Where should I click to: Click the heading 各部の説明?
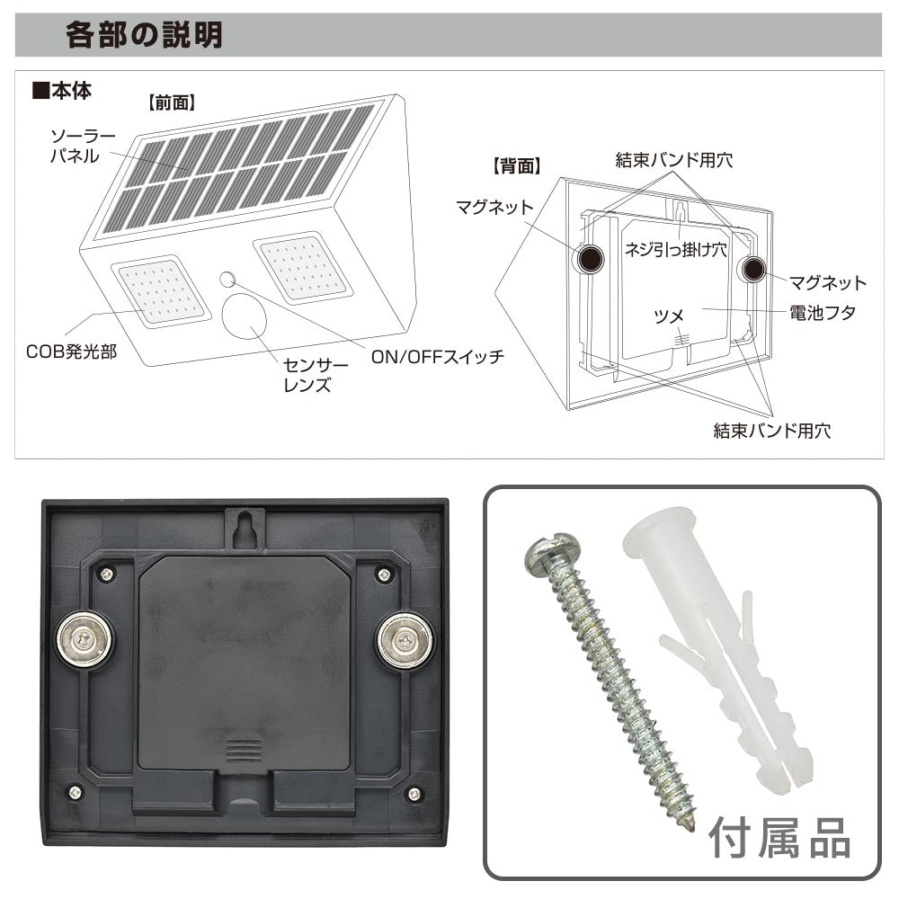pos(144,35)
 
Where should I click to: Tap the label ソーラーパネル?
pos(83,146)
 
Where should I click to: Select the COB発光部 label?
pos(71,352)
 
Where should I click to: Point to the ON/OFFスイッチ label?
pos(438,357)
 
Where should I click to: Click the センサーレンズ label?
pos(316,375)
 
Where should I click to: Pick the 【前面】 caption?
pos(172,103)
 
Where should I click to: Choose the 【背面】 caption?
pos(517,166)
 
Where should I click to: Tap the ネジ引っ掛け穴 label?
pos(675,249)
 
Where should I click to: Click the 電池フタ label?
pos(823,313)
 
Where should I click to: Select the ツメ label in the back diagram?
pos(669,316)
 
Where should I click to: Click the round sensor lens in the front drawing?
pos(245,317)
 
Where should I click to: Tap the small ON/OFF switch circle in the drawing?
pos(227,280)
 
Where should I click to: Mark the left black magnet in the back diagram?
pos(590,259)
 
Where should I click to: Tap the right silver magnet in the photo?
pos(405,639)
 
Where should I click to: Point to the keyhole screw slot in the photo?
pos(245,525)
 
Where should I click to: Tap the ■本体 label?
pos(61,91)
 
